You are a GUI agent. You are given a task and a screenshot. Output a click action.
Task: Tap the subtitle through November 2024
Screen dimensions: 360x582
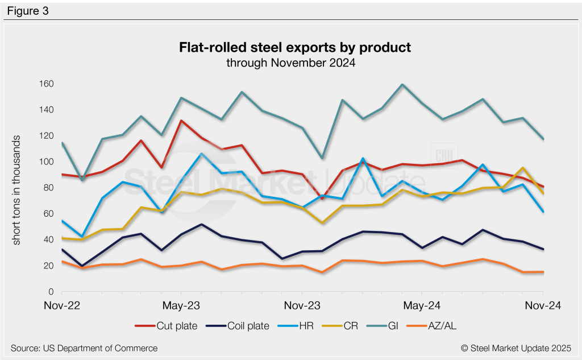[291, 63]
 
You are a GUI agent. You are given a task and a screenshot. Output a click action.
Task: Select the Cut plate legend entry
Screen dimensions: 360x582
[167, 325]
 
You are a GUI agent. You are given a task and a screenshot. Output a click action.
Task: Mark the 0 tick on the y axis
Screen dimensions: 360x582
[50, 292]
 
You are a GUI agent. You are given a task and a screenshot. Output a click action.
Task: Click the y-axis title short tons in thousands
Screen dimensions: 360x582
[17, 190]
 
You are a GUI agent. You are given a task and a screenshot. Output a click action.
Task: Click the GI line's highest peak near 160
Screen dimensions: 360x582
[402, 85]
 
